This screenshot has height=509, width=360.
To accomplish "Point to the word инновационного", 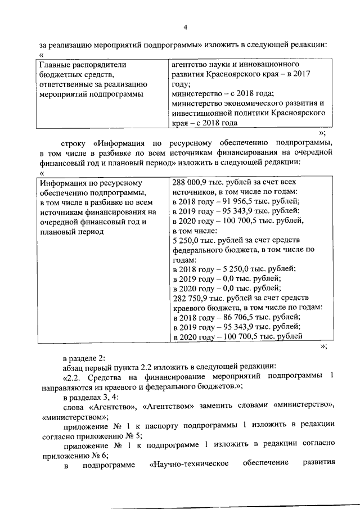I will coord(273,65).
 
